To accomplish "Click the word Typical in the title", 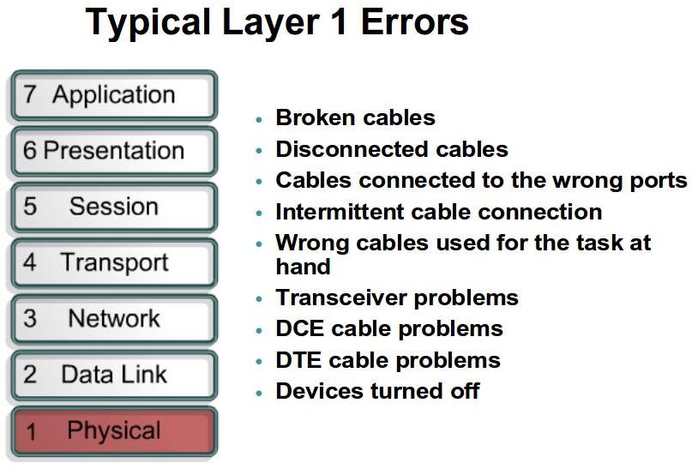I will coord(143,23).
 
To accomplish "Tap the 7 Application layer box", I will coord(113,95).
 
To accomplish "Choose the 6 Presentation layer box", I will coord(113,151).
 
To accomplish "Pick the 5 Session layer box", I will coord(113,207).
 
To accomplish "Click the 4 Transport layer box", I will coord(113,262).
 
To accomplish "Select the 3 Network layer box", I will coord(113,319).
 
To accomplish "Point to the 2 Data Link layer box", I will coord(113,375).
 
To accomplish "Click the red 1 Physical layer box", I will coord(113,431).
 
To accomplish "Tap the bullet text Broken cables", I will coord(355,118).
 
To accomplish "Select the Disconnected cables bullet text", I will coord(391,149).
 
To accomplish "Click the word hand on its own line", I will coord(303,267).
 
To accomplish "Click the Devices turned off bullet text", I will coord(376,391).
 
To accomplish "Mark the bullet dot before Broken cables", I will coord(259,119).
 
